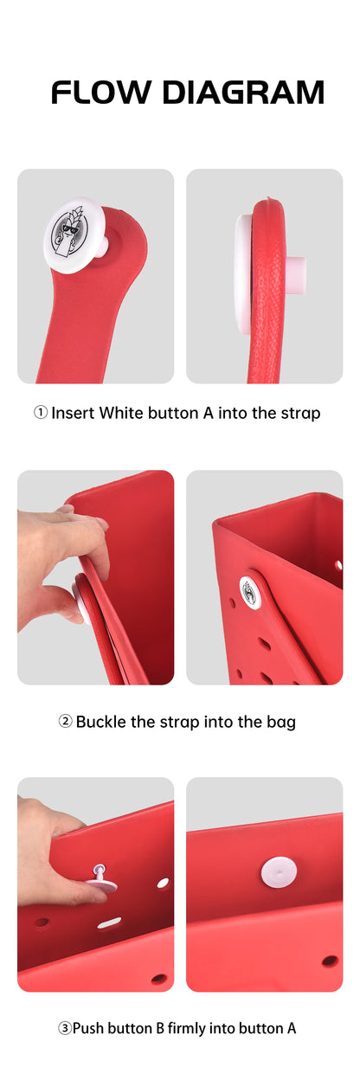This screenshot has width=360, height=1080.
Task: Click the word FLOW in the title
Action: click(x=100, y=92)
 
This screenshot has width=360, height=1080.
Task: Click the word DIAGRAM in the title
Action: click(x=244, y=92)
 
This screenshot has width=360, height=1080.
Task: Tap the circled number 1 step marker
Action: click(x=41, y=413)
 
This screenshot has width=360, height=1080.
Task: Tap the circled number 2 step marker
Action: click(x=66, y=721)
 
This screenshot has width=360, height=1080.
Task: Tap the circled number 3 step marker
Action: click(x=65, y=1028)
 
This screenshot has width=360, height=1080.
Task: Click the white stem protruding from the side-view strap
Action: click(x=294, y=274)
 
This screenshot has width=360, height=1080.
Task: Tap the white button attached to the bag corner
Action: click(x=251, y=593)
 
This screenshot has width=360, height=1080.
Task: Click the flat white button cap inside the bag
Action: click(x=279, y=871)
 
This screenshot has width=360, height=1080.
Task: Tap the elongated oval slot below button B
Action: click(x=109, y=922)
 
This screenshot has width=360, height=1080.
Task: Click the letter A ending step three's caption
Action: click(x=291, y=1028)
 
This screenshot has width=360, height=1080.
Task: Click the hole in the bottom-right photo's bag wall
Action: click(x=330, y=960)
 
